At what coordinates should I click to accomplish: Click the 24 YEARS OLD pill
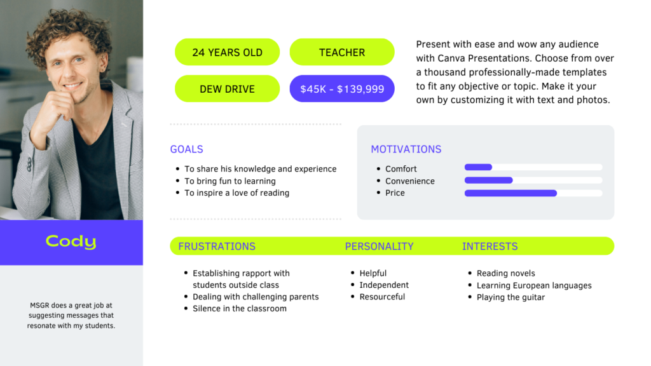click(x=227, y=52)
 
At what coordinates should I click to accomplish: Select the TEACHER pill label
click(x=341, y=52)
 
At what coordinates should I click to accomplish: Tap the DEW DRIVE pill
click(x=227, y=88)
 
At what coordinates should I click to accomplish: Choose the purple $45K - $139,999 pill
click(x=341, y=88)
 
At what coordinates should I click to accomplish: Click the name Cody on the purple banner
click(x=71, y=241)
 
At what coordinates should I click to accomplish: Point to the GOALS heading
click(x=186, y=149)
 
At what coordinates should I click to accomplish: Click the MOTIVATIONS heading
click(x=406, y=149)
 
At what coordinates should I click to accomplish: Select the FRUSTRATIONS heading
click(x=217, y=247)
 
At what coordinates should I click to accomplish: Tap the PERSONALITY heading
click(x=379, y=247)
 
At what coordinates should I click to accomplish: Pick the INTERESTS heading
click(x=490, y=247)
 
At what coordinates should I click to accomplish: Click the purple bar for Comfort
click(x=478, y=167)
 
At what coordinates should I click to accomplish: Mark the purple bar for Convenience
click(x=489, y=180)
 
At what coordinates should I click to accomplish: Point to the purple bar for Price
click(x=511, y=193)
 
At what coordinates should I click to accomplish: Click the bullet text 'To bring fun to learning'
click(x=230, y=181)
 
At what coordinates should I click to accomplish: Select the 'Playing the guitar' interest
click(x=511, y=297)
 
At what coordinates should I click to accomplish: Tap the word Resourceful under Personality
click(x=382, y=297)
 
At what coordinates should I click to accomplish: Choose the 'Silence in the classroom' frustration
click(x=240, y=308)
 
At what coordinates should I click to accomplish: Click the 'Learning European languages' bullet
click(x=534, y=285)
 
